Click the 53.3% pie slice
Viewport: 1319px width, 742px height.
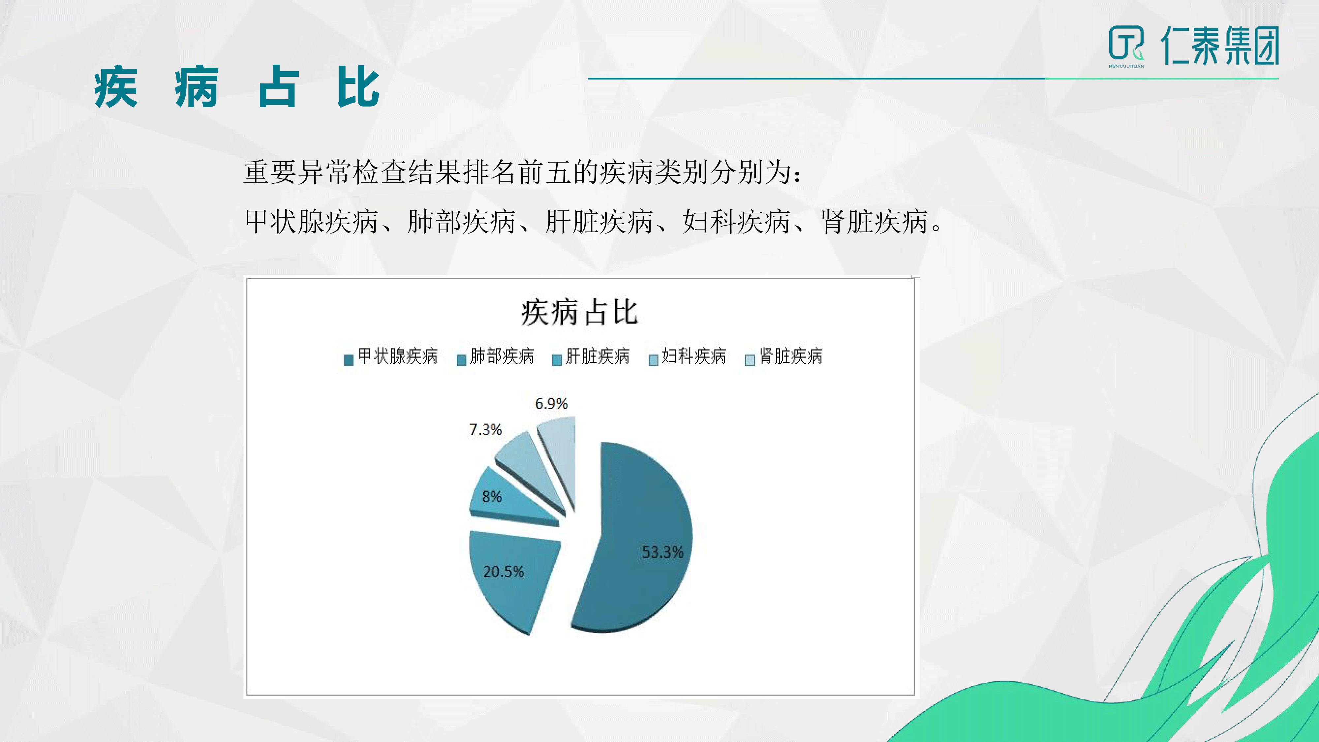pos(640,538)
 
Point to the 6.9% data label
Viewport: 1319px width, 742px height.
pos(551,404)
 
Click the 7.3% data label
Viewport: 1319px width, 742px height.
pos(485,430)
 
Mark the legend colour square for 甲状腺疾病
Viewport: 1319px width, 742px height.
pos(349,360)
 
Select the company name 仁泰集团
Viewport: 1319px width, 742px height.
pos(1220,45)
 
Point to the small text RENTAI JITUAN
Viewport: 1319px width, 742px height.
pos(1126,66)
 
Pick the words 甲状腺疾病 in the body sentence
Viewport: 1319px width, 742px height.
pos(311,222)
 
